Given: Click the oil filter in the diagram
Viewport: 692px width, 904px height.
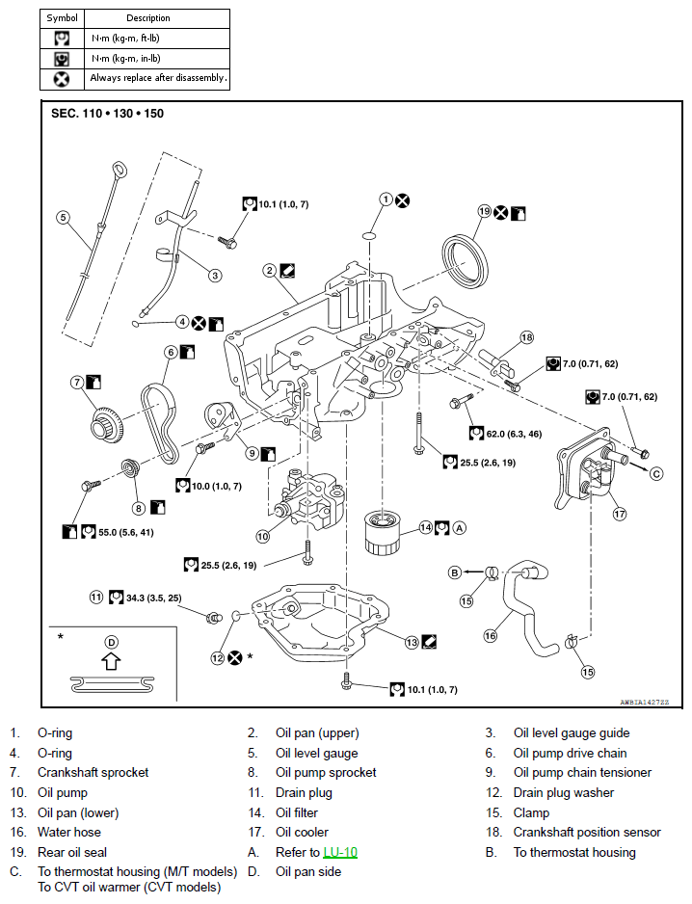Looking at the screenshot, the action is click(x=383, y=533).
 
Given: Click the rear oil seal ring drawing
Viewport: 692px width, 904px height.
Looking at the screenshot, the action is click(x=465, y=259).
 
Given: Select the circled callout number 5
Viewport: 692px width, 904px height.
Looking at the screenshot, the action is click(x=64, y=218).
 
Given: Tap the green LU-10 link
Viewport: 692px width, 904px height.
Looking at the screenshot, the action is click(x=340, y=852).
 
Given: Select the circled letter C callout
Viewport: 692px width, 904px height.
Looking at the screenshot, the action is click(x=656, y=474).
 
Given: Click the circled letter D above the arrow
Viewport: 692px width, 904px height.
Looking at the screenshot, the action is click(x=111, y=642).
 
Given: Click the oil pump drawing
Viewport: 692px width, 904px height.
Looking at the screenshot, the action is click(x=310, y=498).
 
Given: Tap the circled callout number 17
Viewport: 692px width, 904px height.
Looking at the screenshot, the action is click(x=620, y=514).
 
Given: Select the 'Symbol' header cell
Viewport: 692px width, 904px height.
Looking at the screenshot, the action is click(x=63, y=18).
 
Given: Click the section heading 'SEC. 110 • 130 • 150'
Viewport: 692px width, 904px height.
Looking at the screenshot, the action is click(x=107, y=114).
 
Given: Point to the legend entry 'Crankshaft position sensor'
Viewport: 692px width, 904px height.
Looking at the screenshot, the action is click(x=587, y=832).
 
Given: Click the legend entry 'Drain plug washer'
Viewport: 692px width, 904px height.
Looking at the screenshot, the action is click(x=564, y=793).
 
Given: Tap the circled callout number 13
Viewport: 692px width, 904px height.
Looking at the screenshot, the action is click(x=412, y=642).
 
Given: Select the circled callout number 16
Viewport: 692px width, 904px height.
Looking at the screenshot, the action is click(x=491, y=635).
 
